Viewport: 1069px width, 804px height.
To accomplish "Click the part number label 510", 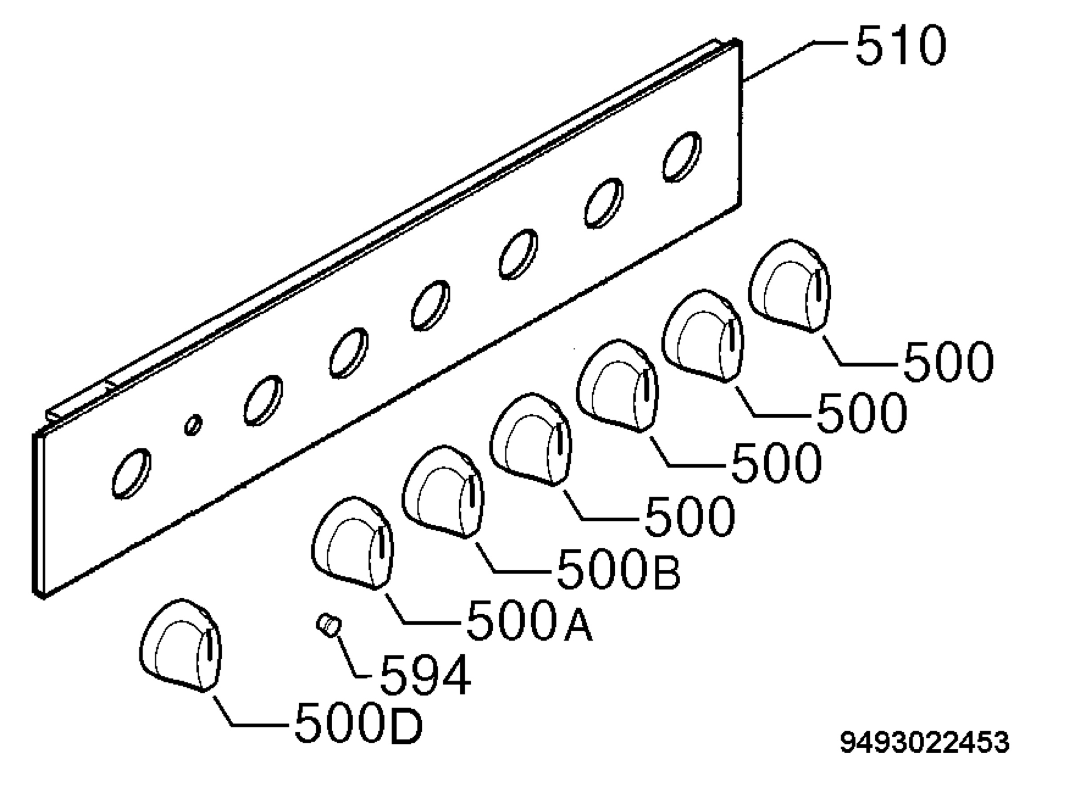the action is [900, 46].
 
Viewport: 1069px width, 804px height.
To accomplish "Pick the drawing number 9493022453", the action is [925, 742].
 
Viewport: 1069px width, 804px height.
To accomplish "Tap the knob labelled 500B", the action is [443, 492].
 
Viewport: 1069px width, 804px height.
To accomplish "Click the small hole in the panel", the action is [193, 424].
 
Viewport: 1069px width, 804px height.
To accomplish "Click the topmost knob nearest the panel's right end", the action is [789, 286].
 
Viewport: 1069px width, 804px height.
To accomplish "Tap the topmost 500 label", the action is [948, 360].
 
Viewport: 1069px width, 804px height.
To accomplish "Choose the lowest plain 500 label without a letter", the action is [689, 515].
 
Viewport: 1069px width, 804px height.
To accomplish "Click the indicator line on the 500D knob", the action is [209, 645].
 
